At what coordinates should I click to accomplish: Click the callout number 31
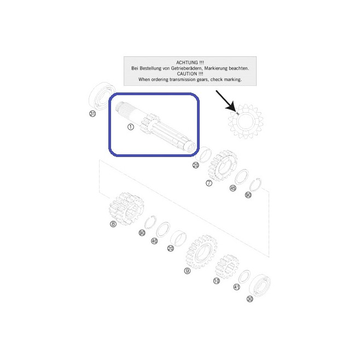tap(92, 114)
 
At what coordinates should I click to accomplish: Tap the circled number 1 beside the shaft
tap(131, 127)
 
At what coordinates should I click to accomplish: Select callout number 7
tap(209, 183)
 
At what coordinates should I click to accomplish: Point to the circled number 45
tap(233, 188)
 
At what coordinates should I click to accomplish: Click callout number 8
tap(113, 224)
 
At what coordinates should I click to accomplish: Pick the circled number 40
tap(154, 241)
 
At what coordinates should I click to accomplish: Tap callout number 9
tap(187, 271)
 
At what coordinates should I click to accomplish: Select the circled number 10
tap(217, 281)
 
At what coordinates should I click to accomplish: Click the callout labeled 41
tap(236, 287)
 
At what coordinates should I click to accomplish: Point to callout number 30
tap(250, 299)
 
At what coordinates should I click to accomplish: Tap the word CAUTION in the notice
tap(187, 74)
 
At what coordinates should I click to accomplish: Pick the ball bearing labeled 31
tap(101, 96)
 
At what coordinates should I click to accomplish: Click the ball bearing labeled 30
tap(260, 285)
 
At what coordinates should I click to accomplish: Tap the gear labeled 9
tap(201, 252)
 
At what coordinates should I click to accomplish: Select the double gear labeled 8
tap(126, 208)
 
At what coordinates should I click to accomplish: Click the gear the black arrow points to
tap(246, 121)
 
